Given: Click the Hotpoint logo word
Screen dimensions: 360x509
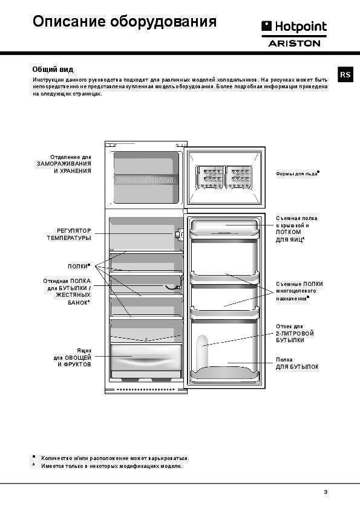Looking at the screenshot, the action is coord(301,27).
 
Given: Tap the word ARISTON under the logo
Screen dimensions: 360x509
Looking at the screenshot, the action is coord(294,43).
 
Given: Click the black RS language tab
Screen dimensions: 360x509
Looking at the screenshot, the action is coord(345,75).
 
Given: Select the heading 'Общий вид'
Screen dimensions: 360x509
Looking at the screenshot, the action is coord(53,70).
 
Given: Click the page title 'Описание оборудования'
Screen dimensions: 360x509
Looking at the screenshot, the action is coord(125,22).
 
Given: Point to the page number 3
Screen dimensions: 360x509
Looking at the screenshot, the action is coord(326,492).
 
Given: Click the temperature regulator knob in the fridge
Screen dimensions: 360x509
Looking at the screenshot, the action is coord(178,234).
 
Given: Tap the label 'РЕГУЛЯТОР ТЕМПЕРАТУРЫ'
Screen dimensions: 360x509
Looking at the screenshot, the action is coord(69,235).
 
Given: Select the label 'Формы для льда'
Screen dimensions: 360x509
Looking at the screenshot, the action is coord(296,173).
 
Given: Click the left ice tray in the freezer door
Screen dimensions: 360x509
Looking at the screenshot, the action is coord(209,177).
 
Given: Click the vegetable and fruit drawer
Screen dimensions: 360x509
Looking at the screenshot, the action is coord(146,357).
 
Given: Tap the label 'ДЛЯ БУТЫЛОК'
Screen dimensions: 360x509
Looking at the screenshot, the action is coord(297,367).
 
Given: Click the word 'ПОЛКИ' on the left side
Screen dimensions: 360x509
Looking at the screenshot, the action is coord(77,266).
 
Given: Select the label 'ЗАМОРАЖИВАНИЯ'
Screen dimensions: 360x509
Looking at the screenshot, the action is coord(64,164).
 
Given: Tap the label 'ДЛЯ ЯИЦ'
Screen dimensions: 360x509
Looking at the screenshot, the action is coord(289,240).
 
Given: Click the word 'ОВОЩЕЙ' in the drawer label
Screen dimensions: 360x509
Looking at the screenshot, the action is coord(78,358).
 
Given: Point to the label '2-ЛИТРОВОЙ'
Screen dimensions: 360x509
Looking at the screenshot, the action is coord(295,333).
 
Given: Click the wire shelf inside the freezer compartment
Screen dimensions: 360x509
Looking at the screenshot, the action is coord(146,179).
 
